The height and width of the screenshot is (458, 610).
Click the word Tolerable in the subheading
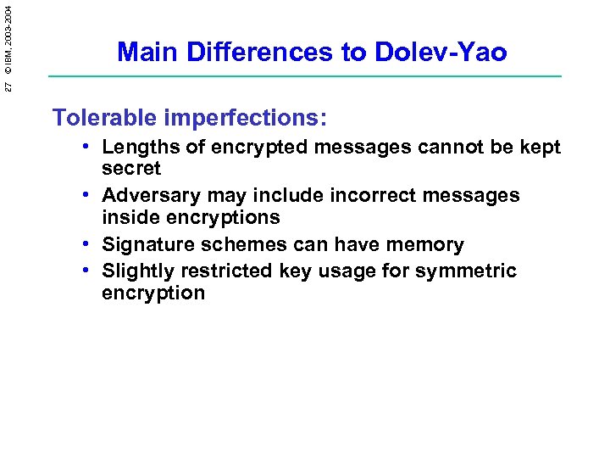[x=104, y=117]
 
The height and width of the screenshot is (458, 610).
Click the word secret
[x=131, y=168]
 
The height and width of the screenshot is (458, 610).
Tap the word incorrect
[x=365, y=195]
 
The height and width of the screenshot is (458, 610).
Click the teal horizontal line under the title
[x=305, y=76]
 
